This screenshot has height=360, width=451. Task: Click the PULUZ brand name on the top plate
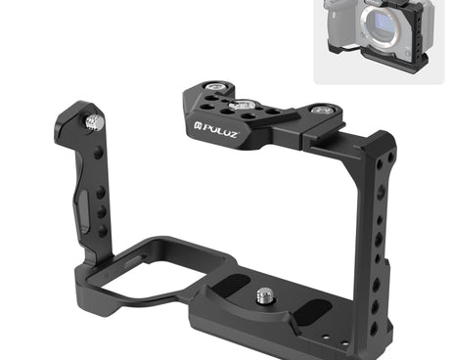[220, 130]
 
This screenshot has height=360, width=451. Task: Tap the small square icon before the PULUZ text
[198, 125]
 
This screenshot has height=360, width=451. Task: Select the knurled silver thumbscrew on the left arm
[95, 122]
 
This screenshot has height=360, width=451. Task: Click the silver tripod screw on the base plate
[265, 295]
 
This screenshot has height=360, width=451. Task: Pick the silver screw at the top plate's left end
[214, 87]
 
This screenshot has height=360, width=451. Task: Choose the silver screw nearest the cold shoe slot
[323, 110]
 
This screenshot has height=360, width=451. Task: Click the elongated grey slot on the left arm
[82, 209]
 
